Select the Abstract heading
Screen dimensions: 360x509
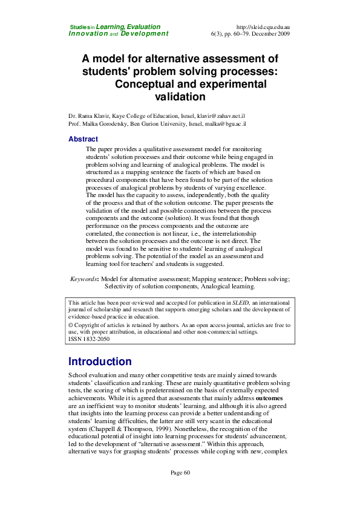pos(83,139)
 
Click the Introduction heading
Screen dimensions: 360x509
pos(100,362)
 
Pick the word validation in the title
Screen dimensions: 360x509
pos(180,96)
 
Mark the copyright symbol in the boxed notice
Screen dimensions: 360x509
pos(71,325)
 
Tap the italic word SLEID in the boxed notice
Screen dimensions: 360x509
pos(240,302)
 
